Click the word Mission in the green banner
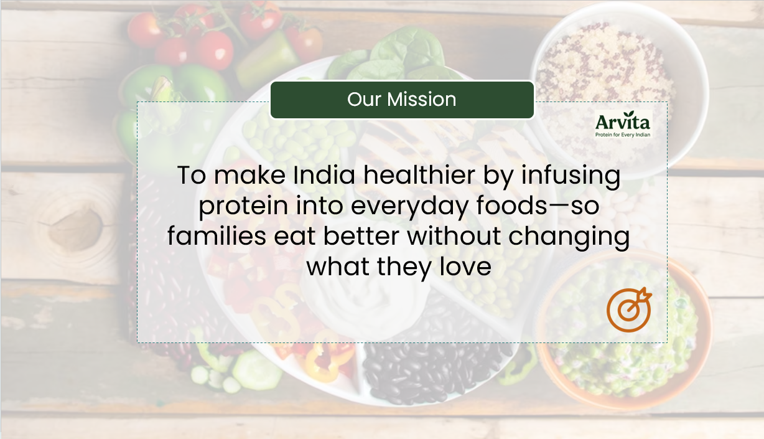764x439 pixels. pyautogui.click(x=421, y=100)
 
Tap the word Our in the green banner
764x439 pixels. pyautogui.click(x=364, y=100)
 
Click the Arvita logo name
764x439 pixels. pyautogui.click(x=622, y=121)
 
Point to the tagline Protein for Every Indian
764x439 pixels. pyautogui.click(x=622, y=135)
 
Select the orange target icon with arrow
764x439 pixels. pyautogui.click(x=628, y=309)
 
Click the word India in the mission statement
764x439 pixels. pyautogui.click(x=324, y=175)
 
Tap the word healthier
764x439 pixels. pyautogui.click(x=419, y=175)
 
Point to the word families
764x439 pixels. pyautogui.click(x=217, y=236)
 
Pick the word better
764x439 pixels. pyautogui.click(x=361, y=236)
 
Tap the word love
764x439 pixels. pyautogui.click(x=465, y=267)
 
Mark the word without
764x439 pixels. pyautogui.click(x=454, y=236)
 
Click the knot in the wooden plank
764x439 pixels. pyautogui.click(x=76, y=229)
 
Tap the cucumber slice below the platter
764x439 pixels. pyautogui.click(x=256, y=370)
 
